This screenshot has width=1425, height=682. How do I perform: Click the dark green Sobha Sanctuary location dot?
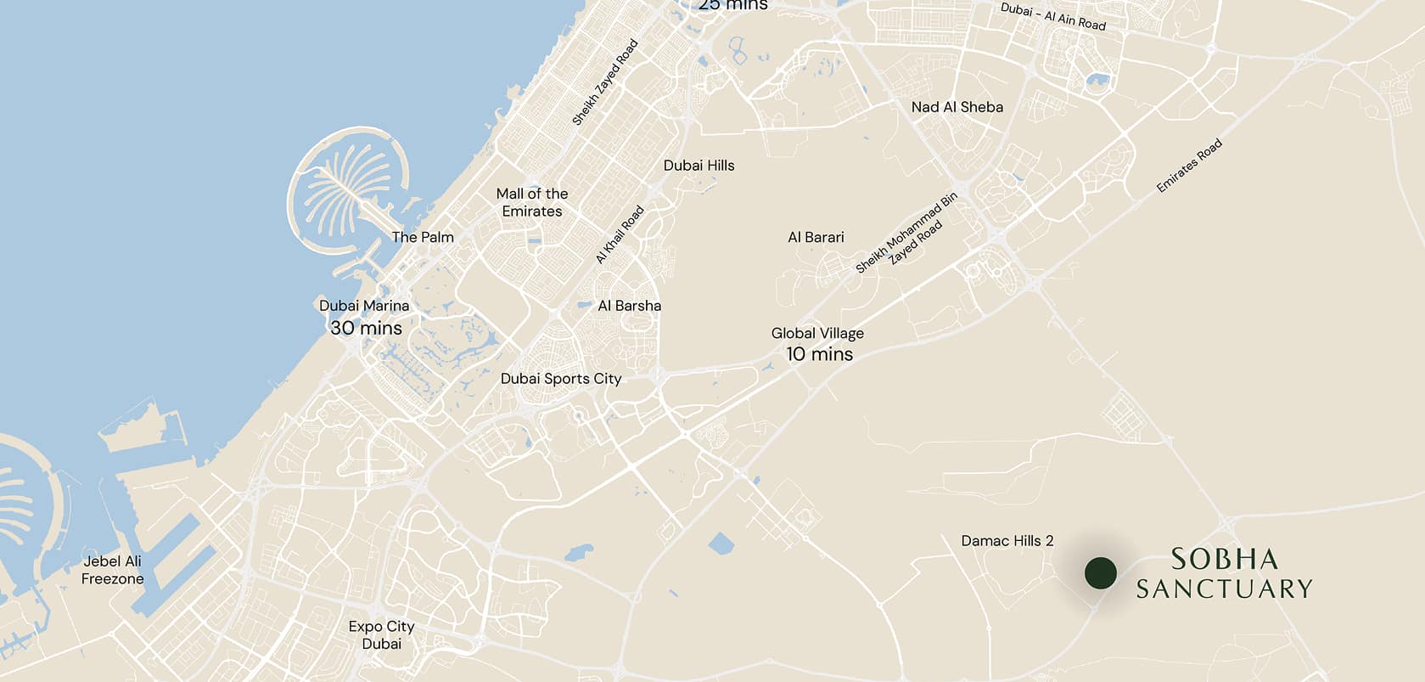tap(1101, 573)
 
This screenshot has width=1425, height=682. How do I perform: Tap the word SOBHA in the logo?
tap(1224, 559)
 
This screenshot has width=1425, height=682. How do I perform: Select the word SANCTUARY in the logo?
tap(1224, 589)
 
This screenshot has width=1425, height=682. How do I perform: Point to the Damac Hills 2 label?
tap(1007, 541)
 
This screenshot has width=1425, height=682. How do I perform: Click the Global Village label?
tap(817, 334)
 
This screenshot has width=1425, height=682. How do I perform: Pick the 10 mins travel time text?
tap(819, 354)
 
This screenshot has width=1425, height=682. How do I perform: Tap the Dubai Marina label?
tap(364, 306)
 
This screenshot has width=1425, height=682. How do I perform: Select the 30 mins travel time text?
tap(366, 328)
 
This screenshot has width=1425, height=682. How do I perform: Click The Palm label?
tap(423, 237)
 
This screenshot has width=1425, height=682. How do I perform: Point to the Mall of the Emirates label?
tap(532, 202)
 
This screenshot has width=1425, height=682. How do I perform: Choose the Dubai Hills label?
tap(698, 166)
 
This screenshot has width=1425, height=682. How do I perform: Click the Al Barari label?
tap(816, 237)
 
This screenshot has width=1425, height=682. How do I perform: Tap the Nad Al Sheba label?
tap(957, 107)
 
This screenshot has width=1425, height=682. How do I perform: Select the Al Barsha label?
tap(629, 306)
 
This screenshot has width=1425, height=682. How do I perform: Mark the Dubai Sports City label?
tap(561, 379)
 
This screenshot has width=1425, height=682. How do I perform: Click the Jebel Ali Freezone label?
tap(112, 570)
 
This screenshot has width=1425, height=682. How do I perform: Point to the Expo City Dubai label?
tap(381, 634)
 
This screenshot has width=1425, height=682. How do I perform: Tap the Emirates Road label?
tap(1189, 166)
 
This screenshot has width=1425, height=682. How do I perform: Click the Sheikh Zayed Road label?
tap(604, 83)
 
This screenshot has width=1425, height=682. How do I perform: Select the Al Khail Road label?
tap(620, 235)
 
